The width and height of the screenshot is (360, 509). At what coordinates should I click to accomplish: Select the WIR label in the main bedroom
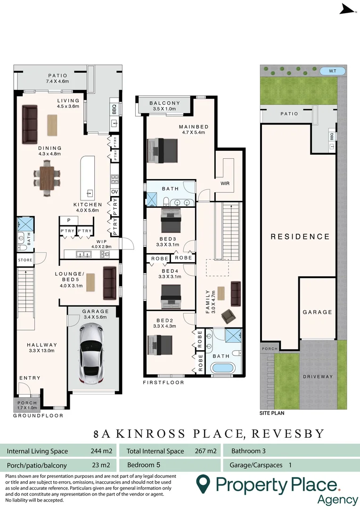[225, 183]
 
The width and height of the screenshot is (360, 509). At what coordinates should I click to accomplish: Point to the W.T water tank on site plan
[333, 71]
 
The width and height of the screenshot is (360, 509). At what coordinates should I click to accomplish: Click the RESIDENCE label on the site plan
[300, 237]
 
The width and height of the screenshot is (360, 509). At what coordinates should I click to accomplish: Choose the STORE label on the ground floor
[25, 260]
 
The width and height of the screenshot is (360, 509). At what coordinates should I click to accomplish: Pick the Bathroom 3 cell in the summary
[248, 451]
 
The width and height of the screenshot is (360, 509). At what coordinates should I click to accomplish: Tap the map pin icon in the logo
[203, 484]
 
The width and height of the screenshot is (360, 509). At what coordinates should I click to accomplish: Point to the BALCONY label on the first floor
[164, 103]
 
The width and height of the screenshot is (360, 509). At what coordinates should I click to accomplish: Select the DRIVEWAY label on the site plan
[318, 377]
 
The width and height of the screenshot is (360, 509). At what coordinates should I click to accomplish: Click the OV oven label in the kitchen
[115, 192]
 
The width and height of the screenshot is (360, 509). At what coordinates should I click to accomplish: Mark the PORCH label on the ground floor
[26, 403]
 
